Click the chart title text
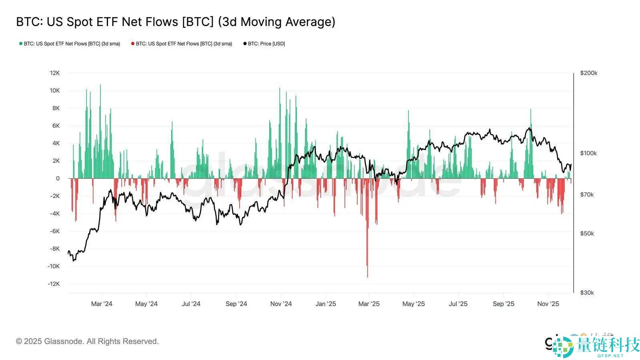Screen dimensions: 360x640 pos(176,22)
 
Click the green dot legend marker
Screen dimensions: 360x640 pos(21,44)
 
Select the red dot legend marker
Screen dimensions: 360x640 pos(133,44)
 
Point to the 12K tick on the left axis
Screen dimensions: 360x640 pos(55,73)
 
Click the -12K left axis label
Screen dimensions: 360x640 pos(54,284)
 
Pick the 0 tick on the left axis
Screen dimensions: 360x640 pos(58,178)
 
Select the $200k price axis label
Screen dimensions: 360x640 pos(588,73)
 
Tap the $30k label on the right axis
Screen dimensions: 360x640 pos(587,292)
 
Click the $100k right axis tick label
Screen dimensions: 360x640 pos(588,153)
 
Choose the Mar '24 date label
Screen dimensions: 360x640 pos(102,304)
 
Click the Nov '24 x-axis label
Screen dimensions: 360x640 pos(281,304)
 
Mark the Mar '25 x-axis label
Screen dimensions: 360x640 pos(369,304)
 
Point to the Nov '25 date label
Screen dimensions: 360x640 pos(548,304)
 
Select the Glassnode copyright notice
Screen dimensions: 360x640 pos(87,341)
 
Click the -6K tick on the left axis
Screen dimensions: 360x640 pos(55,231)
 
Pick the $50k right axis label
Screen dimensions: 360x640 pos(587,233)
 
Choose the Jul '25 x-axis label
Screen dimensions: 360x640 pos(458,304)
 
